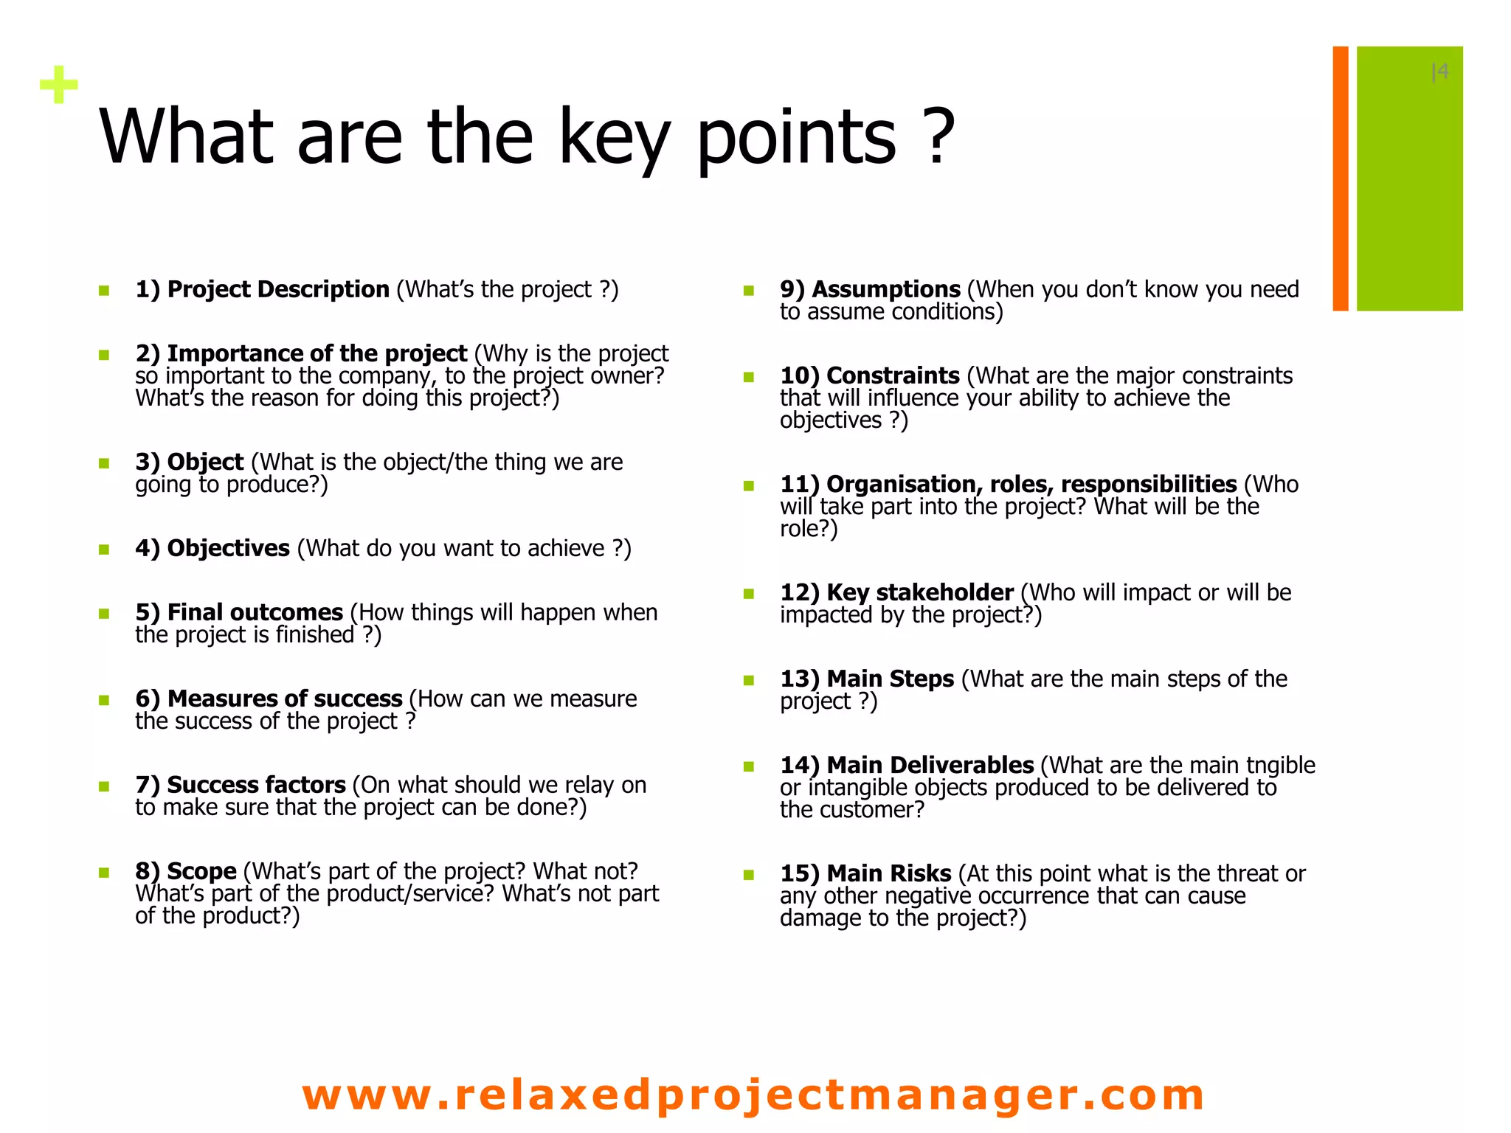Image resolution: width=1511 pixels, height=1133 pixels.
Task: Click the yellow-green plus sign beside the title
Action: pos(59,85)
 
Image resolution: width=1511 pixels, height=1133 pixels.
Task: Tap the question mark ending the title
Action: pos(938,136)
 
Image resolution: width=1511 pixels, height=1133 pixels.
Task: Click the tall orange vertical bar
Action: pos(1340,179)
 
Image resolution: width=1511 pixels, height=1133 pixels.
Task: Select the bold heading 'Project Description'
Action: pos(278,289)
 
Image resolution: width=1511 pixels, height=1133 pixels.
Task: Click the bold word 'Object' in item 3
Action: pos(205,462)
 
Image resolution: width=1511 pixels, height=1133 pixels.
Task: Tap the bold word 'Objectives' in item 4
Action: pos(228,548)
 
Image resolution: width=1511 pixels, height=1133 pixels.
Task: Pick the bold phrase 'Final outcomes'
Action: pos(255,612)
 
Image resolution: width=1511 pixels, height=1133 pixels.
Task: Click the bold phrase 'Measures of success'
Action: pos(285,699)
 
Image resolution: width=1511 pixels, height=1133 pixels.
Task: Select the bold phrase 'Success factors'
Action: pos(256,785)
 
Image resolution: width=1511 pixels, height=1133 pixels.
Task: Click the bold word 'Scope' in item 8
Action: pos(201,871)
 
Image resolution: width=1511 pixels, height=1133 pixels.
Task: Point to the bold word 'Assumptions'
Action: pos(886,289)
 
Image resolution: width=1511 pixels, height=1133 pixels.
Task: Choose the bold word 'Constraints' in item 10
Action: pos(893,375)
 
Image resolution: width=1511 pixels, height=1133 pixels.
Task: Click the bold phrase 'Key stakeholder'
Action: pos(919,592)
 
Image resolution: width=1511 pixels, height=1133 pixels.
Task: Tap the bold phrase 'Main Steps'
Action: pos(890,679)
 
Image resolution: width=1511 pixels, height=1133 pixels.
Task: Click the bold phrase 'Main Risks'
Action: pos(888,873)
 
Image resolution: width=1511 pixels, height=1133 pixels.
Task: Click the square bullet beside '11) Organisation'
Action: pos(749,485)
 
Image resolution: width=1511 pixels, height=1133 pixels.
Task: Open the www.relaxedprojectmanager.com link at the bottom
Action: pos(753,1094)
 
